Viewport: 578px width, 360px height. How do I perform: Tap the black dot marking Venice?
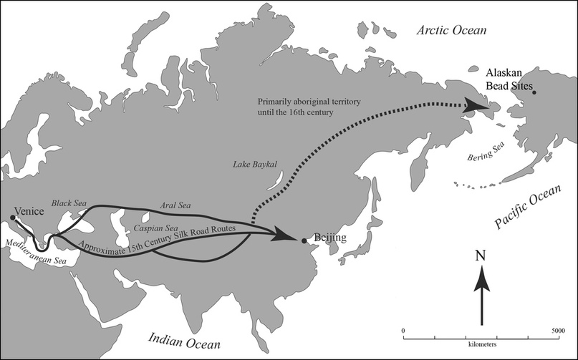11,218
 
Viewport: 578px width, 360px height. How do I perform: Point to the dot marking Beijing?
304,241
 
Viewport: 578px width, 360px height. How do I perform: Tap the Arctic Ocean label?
452,31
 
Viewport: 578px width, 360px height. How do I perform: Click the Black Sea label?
69,204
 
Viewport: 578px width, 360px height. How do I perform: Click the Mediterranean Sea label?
34,252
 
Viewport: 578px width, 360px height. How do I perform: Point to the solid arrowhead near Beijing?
287,236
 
